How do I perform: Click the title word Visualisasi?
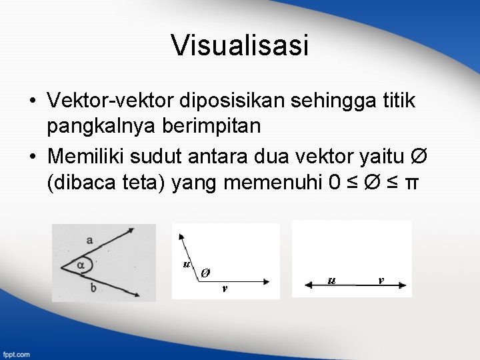point(240,46)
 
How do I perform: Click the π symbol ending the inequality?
point(413,182)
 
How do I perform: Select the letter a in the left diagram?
point(90,239)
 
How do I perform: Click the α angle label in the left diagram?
point(81,265)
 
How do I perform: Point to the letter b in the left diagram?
point(93,287)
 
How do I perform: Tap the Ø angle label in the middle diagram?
point(206,272)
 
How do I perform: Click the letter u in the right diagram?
point(331,279)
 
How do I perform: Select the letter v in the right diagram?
point(380,279)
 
